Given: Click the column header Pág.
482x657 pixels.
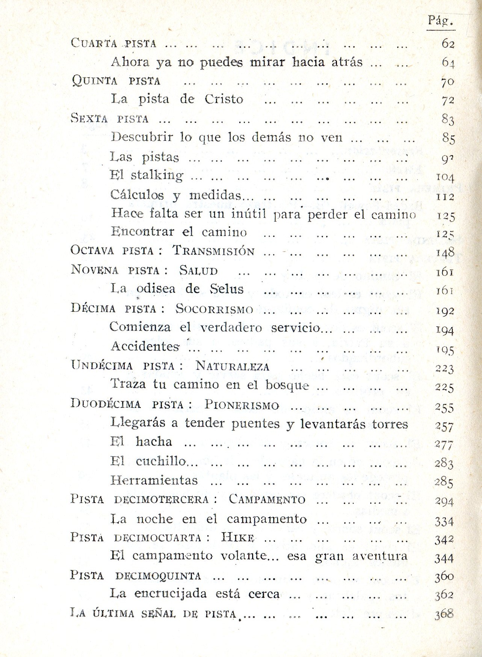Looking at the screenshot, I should tap(441, 20).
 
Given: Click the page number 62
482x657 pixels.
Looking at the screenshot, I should tap(448, 44).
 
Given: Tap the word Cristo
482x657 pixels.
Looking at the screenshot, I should tap(224, 99).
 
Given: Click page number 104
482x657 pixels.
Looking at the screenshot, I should tap(445, 177).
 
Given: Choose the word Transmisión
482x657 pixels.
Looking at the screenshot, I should tap(213, 251).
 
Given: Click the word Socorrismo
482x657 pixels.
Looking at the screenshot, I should tap(214, 309).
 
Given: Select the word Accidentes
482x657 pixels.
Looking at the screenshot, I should tap(145, 346).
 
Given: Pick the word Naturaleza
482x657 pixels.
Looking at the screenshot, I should tap(233, 366).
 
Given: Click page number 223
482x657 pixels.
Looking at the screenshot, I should tap(445, 369).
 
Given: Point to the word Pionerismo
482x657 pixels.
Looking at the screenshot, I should tap(242, 405).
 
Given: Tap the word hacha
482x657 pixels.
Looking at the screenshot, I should tap(154, 441).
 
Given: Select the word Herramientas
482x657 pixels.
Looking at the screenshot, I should tap(154, 480).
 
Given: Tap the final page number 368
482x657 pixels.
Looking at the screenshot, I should tap(444, 615).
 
